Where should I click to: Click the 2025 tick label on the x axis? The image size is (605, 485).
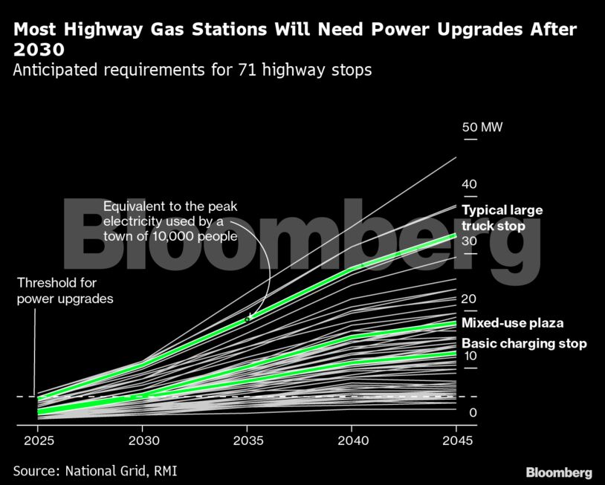coord(37,441)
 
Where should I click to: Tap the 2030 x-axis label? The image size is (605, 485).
coord(142,441)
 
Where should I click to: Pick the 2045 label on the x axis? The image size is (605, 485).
coord(455,441)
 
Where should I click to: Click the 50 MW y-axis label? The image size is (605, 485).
coord(482,127)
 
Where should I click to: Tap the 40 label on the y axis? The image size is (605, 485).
coord(469,184)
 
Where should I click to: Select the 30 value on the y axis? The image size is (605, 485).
coord(469,241)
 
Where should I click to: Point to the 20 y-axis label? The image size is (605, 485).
coord(469,299)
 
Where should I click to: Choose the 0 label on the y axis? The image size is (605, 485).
coord(472,413)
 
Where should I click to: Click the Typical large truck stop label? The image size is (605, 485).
coord(503,218)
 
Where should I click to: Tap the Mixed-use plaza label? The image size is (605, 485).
coord(512,323)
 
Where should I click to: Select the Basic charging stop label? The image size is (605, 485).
coord(524,343)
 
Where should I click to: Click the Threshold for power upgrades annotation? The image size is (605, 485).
coord(65,291)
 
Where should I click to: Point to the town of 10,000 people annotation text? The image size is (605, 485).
coord(170,221)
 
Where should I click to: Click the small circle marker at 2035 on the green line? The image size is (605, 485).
coord(247,319)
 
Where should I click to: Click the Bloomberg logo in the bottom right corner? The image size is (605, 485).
coord(559,472)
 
